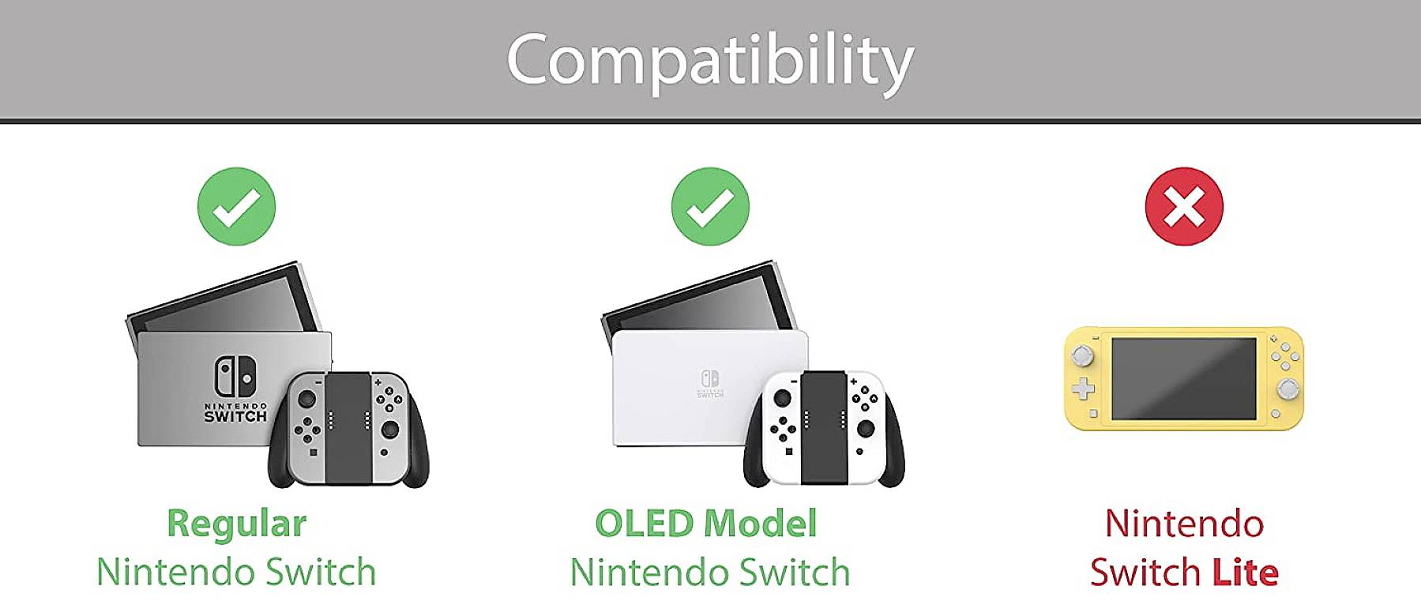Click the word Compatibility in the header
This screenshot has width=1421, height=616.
click(710, 61)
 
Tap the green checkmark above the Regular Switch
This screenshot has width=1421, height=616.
click(236, 206)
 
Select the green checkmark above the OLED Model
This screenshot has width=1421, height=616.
click(710, 206)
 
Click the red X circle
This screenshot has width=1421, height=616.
click(1184, 206)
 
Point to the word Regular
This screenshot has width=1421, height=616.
click(236, 524)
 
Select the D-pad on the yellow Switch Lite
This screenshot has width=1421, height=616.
click(1082, 389)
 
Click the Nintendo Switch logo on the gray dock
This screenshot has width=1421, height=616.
click(235, 377)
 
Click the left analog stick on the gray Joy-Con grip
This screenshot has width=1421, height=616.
click(306, 400)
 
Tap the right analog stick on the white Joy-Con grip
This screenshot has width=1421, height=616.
click(866, 429)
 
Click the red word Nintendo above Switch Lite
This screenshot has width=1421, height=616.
click(1184, 524)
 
